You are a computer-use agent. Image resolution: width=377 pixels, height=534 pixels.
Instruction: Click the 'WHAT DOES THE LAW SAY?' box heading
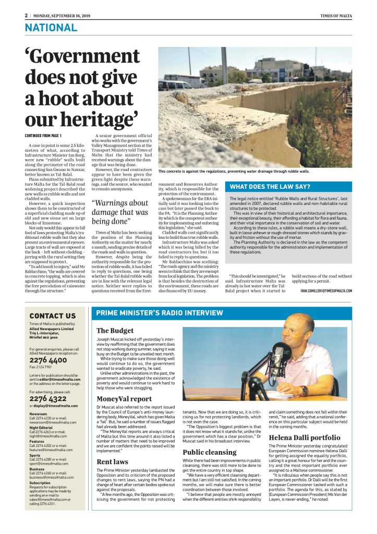(x=271, y=187)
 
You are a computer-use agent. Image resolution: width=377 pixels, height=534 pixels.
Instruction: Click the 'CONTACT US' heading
(x=53, y=315)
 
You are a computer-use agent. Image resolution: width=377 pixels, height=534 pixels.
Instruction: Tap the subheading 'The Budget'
(x=115, y=331)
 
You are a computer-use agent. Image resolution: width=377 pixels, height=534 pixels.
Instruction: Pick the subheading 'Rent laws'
(x=113, y=462)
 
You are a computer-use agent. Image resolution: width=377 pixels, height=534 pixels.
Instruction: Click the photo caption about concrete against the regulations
(x=234, y=171)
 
